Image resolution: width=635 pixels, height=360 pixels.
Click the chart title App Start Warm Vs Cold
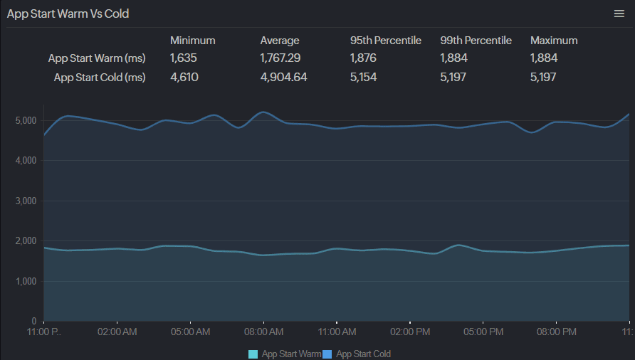(x=68, y=14)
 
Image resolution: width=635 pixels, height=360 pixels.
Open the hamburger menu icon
(x=619, y=14)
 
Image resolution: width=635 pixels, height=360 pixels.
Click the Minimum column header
(x=192, y=41)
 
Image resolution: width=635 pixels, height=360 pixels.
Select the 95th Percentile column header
(x=386, y=41)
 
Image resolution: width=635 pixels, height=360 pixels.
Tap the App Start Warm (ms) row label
(x=97, y=58)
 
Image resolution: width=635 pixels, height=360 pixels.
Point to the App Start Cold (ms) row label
(x=100, y=77)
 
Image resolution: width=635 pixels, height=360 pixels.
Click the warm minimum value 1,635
(x=183, y=58)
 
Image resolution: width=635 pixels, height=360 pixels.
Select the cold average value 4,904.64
(x=283, y=77)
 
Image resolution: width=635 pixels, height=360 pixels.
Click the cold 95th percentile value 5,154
(x=363, y=77)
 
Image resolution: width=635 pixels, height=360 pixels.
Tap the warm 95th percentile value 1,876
(x=363, y=58)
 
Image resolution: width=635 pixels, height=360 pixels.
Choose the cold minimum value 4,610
(x=184, y=77)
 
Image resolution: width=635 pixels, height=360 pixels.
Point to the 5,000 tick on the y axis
(x=26, y=121)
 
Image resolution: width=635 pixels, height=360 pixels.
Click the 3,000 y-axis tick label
(x=26, y=201)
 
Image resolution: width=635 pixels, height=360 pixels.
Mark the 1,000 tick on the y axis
(x=26, y=282)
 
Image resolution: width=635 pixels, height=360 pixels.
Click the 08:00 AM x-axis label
(x=263, y=332)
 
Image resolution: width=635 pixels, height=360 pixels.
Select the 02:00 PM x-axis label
(x=410, y=332)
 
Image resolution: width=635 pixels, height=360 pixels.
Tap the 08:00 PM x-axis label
(x=557, y=332)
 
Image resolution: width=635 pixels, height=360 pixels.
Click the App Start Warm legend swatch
(x=253, y=354)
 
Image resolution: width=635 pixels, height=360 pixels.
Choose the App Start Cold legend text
(x=363, y=354)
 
